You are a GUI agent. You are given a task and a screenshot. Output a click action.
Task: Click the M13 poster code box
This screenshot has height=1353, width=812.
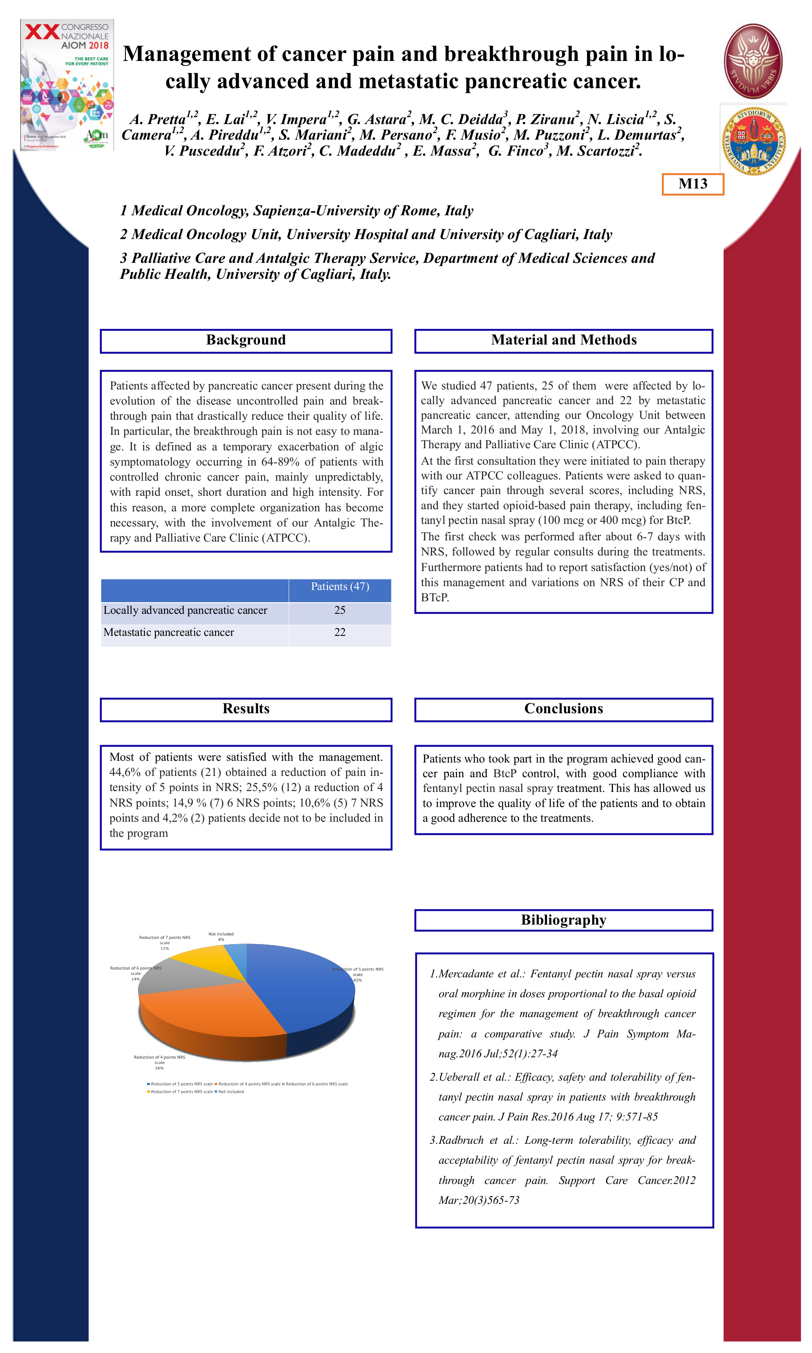coord(692,184)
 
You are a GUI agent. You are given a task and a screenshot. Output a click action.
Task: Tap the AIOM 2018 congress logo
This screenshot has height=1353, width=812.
coord(67,85)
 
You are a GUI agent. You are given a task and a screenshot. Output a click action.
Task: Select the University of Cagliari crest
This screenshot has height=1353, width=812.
coord(754,141)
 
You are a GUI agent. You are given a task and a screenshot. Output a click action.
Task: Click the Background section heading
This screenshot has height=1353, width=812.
coord(246,340)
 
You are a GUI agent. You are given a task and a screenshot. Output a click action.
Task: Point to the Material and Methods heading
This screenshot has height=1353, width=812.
coord(563,340)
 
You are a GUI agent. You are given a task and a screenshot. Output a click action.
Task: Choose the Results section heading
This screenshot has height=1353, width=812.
coord(246,708)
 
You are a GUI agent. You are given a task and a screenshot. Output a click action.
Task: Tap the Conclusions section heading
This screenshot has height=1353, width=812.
coord(563,708)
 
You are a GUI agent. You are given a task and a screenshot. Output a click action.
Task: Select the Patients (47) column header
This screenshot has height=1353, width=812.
coord(340,587)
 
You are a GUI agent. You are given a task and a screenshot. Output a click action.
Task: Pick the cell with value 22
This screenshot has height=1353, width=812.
coord(340,632)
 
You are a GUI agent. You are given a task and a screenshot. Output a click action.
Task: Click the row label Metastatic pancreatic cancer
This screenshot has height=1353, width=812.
coord(169,632)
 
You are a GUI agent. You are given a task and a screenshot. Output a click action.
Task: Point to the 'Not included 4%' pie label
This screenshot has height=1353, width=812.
coord(221,936)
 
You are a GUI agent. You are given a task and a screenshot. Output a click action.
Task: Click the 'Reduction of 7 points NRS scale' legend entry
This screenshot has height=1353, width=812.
coord(180,1091)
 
